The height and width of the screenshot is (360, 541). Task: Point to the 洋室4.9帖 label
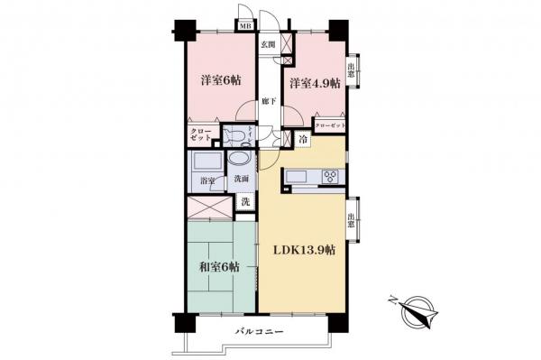314,83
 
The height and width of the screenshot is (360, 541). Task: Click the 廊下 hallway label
268,102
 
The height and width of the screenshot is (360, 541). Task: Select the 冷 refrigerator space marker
304,140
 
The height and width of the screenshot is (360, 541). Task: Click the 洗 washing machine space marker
245,202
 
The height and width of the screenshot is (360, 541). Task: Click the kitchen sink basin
298,176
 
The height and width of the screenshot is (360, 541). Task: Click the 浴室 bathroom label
206,181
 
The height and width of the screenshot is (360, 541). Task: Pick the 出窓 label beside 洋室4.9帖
353,69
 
